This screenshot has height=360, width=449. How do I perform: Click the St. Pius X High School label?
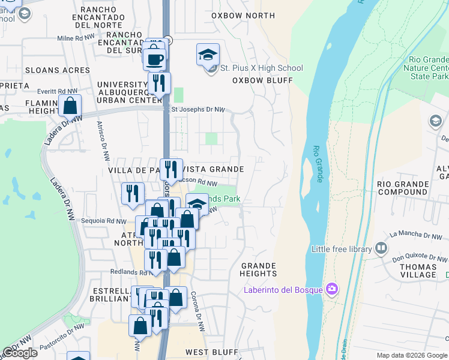(x=261, y=68)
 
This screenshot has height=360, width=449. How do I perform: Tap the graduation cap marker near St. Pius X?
(x=208, y=55)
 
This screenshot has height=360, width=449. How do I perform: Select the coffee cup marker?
(x=154, y=60)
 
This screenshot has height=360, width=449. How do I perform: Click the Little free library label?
(x=341, y=248)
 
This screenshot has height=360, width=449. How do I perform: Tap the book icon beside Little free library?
(x=381, y=248)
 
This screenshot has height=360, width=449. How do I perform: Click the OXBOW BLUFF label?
(x=262, y=80)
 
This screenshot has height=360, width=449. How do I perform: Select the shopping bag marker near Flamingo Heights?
(x=70, y=106)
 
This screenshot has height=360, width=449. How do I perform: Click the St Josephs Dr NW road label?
(x=199, y=110)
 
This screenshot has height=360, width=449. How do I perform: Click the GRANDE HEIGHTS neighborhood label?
(x=259, y=269)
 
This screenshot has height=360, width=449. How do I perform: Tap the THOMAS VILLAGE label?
(x=418, y=270)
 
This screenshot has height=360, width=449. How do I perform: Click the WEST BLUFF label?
(x=205, y=352)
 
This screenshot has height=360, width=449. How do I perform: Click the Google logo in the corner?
(x=20, y=353)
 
